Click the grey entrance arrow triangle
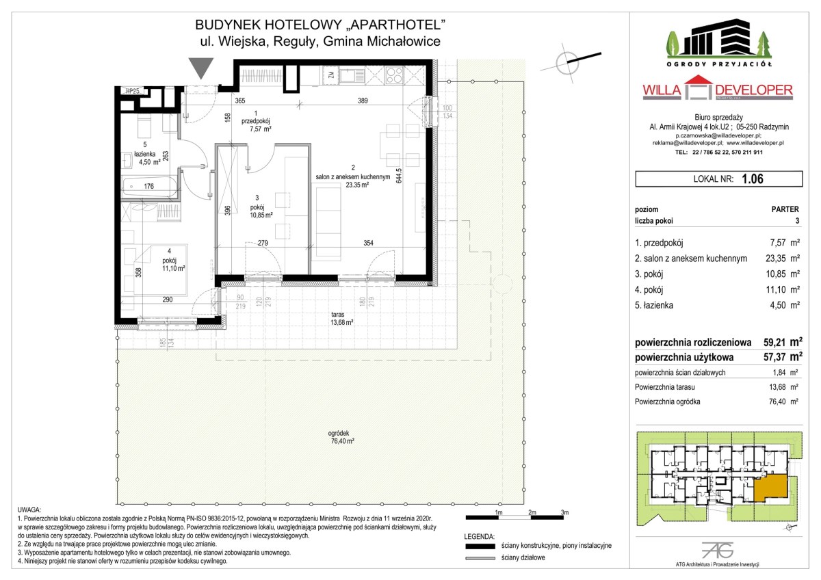[201, 67]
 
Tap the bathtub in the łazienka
[149, 187]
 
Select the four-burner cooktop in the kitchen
[394, 75]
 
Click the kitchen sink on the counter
[352, 75]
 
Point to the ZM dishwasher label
[331, 75]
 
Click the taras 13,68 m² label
[341, 319]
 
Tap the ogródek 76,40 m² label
[342, 437]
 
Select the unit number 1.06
[753, 179]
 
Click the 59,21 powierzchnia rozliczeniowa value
[774, 342]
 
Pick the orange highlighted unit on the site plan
[770, 487]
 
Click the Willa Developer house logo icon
[698, 88]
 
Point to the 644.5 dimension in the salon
[399, 176]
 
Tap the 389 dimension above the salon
[363, 101]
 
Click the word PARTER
[785, 209]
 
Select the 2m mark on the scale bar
[532, 512]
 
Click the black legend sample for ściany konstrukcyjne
[480, 546]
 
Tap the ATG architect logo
[717, 551]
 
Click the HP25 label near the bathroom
[132, 91]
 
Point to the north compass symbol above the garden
[568, 64]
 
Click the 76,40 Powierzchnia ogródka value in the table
[777, 401]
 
